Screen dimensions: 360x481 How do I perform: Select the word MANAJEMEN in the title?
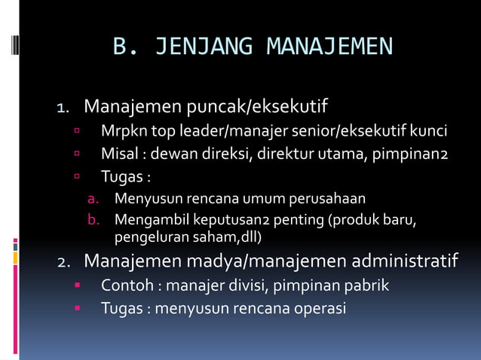point(329,47)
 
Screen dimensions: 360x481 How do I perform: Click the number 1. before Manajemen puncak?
point(65,108)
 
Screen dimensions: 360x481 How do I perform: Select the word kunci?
point(427,133)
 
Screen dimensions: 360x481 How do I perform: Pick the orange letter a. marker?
point(93,200)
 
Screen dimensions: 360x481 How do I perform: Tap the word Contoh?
point(124,286)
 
